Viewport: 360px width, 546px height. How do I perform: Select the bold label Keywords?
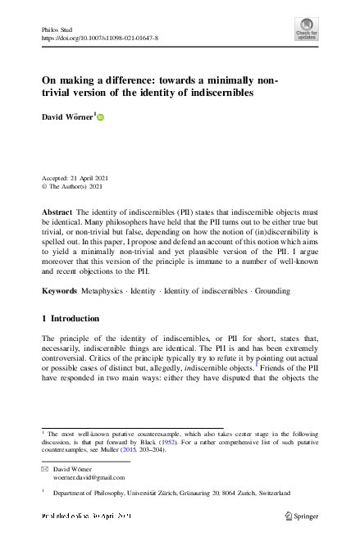tap(60, 291)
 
